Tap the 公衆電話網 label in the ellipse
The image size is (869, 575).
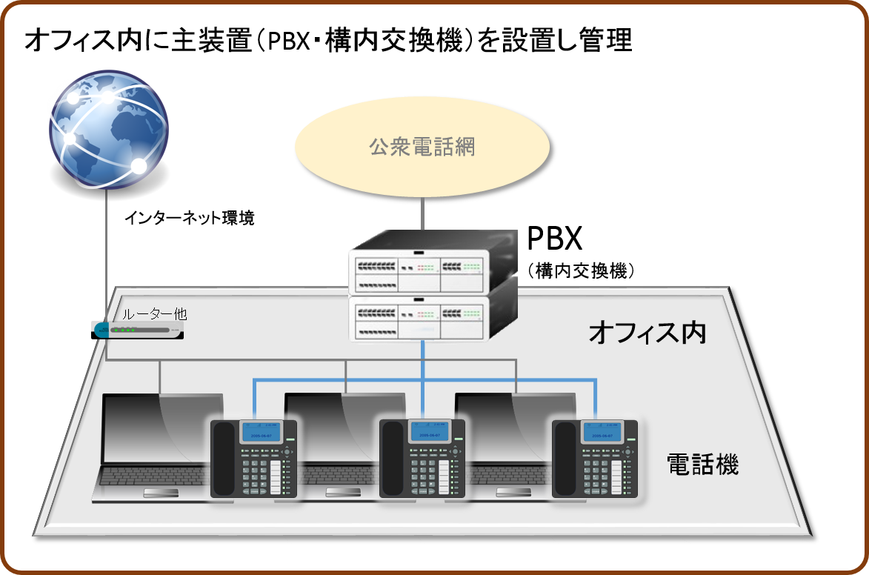coord(422,147)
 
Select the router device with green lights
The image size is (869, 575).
coord(139,330)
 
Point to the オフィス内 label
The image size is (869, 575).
coord(647,333)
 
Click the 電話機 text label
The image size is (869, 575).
coord(702,465)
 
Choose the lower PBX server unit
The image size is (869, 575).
coord(433,317)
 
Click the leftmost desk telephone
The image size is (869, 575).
coord(254,458)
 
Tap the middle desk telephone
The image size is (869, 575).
coord(422,458)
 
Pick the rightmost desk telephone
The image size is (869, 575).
coord(595,458)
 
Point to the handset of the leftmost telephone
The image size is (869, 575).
coord(224,458)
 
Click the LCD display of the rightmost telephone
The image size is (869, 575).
coord(601,432)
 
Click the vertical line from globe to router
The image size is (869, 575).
coord(106,252)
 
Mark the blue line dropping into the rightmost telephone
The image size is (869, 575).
coord(595,400)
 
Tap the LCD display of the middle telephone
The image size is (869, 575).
coord(430,432)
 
